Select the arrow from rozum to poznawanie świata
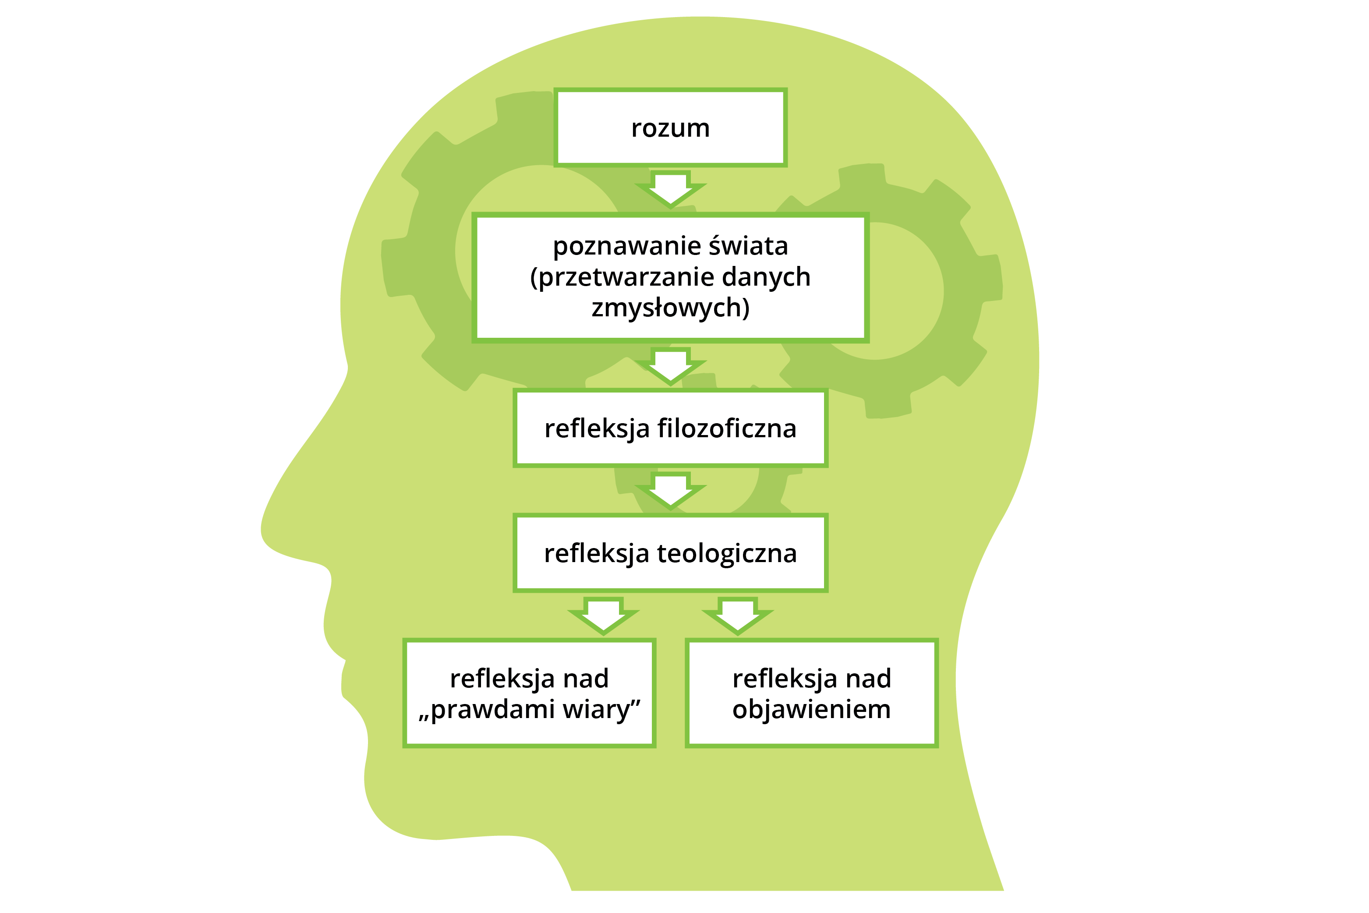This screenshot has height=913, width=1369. (670, 189)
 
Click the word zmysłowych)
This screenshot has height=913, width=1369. (670, 308)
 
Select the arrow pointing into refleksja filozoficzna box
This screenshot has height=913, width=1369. (670, 367)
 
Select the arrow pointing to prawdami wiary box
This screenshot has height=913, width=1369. (603, 616)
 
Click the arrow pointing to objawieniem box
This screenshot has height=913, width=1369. (737, 616)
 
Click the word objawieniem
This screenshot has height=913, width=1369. (811, 710)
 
